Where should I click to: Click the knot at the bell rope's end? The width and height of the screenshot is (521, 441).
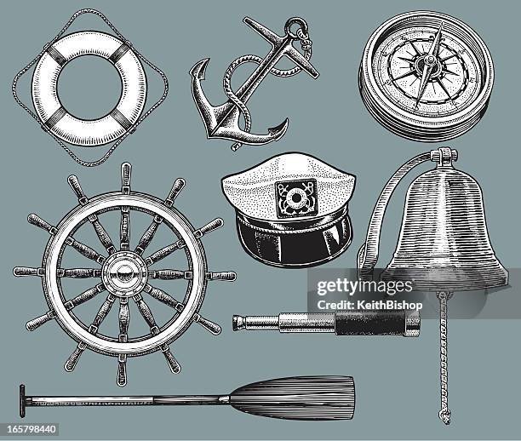[442, 415]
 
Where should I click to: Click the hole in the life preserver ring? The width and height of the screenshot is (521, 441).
[89, 85]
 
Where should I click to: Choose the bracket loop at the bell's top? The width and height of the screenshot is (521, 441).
[444, 157]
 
